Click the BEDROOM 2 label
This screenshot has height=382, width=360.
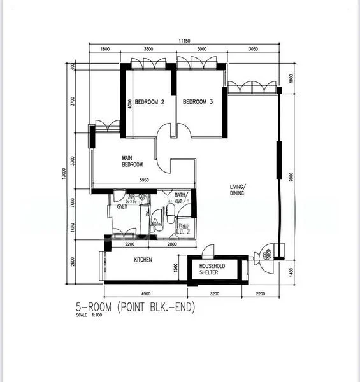click(150, 102)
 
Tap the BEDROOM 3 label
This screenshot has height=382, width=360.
click(198, 102)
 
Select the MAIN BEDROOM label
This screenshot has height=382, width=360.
click(133, 161)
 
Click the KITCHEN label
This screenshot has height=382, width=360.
click(143, 260)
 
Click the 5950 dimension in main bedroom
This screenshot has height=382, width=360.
click(144, 181)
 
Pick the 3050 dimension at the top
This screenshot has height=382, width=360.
click(252, 49)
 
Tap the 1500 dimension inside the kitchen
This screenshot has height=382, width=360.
click(176, 269)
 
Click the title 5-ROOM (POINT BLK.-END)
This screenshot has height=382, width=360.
click(134, 308)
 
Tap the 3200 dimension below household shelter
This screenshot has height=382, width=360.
click(214, 294)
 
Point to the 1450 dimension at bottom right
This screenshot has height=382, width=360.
click(291, 272)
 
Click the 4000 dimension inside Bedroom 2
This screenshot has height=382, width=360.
click(130, 104)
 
